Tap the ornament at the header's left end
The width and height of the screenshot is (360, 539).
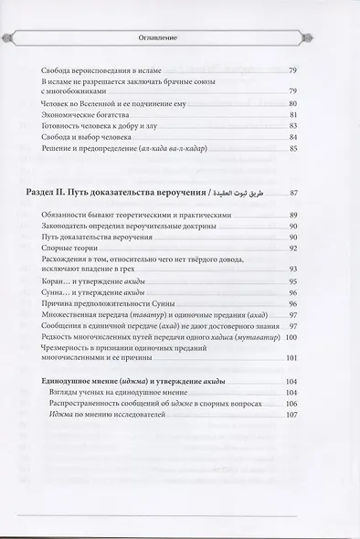14,39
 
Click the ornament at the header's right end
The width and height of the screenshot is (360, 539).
346,39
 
